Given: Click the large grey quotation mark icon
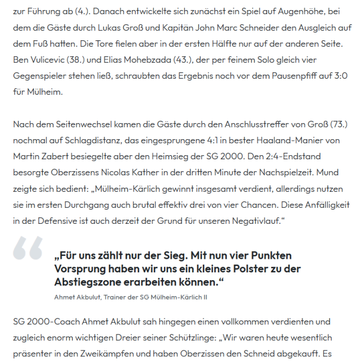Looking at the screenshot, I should [x=28, y=248].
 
